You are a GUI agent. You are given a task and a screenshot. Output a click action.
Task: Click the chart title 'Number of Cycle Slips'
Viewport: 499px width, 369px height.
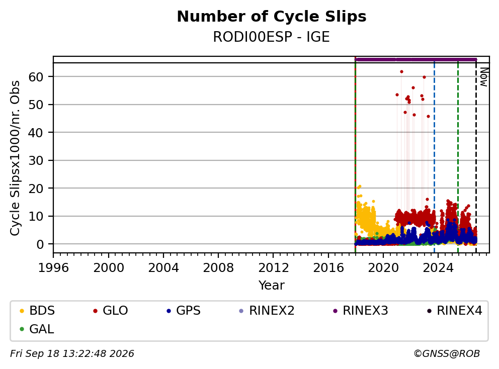pos(272,17)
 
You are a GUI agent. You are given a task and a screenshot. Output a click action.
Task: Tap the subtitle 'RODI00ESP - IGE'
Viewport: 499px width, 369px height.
pos(271,37)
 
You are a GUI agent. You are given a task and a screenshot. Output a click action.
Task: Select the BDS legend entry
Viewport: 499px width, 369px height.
pos(37,311)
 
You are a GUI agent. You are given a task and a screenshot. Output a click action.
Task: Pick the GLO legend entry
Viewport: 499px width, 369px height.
pos(111,311)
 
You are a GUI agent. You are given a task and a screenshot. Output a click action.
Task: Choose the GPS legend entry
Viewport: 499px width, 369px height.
pos(184,311)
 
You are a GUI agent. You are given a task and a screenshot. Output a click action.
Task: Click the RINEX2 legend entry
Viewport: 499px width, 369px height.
pos(267,311)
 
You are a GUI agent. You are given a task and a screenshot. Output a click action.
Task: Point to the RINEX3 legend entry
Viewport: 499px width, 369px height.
pos(361,311)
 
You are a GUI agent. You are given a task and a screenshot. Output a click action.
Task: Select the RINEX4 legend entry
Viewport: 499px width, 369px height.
pos(454,311)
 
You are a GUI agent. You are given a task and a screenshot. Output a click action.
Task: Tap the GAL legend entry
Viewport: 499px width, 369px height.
pos(37,329)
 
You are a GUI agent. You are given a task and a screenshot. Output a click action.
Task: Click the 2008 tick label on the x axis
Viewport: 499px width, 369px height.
pos(218,268)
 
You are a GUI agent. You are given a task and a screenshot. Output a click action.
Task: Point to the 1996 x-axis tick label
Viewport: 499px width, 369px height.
pos(53,268)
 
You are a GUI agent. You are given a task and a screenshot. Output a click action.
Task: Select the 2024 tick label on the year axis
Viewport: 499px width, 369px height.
pos(438,268)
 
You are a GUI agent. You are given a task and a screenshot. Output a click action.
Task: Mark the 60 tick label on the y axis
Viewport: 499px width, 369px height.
pos(36,76)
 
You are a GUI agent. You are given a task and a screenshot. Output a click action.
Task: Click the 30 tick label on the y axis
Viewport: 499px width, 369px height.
pos(36,160)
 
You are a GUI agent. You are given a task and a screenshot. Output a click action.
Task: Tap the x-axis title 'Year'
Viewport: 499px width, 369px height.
pos(272,286)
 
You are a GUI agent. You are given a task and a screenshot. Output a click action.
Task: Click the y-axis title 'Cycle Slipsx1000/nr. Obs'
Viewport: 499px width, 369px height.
pos(15,158)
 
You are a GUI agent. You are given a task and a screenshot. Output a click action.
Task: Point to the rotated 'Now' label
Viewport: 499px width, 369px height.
pos(484,77)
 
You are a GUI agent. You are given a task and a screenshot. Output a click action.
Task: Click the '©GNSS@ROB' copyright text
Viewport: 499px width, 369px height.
pos(447,353)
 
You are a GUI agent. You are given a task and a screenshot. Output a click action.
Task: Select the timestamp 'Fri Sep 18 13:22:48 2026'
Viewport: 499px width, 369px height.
pos(72,353)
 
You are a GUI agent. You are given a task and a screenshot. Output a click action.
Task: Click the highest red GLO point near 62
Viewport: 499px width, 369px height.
pos(401,71)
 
